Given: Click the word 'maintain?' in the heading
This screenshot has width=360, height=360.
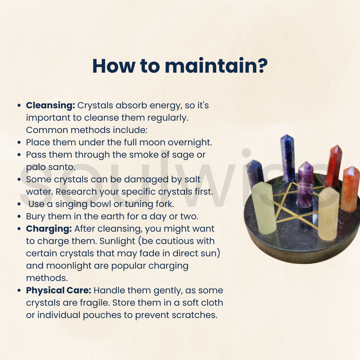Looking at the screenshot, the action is [216, 66].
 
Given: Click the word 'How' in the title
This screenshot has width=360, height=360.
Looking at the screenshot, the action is [113, 66].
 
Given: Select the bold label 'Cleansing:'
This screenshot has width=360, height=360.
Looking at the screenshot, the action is [51, 106].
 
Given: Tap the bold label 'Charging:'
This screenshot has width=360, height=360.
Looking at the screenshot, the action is [49, 229].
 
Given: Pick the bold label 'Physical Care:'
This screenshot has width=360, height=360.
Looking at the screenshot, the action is [59, 290].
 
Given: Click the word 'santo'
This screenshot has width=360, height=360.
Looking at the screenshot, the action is [62, 167].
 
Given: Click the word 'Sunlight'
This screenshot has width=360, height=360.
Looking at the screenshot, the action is [117, 241].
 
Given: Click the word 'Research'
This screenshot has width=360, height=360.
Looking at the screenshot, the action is [76, 192].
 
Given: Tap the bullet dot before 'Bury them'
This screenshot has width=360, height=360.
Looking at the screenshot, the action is [19, 217].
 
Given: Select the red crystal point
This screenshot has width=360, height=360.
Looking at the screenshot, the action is [334, 165].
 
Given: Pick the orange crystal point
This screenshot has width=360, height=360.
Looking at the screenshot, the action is [350, 188].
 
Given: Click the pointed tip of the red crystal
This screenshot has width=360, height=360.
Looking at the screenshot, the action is [337, 145].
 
